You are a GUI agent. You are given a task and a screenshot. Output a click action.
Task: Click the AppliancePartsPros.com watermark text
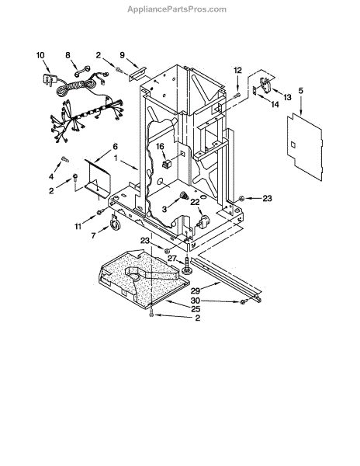click(177, 9)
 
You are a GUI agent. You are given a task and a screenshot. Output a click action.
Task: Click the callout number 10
click(40, 55)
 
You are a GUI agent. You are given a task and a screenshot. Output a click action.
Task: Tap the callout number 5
click(301, 91)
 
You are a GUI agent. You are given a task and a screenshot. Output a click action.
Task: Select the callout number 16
click(160, 147)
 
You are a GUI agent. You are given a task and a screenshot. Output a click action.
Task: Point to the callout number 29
click(195, 290)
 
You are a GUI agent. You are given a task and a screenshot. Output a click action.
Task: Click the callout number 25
click(196, 309)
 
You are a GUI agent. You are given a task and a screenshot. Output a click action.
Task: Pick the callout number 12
click(237, 70)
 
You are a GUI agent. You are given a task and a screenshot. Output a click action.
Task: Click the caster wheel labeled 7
click(115, 223)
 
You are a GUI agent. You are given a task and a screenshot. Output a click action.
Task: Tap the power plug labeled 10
click(48, 78)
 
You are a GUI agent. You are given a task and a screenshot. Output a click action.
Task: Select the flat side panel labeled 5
click(304, 147)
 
